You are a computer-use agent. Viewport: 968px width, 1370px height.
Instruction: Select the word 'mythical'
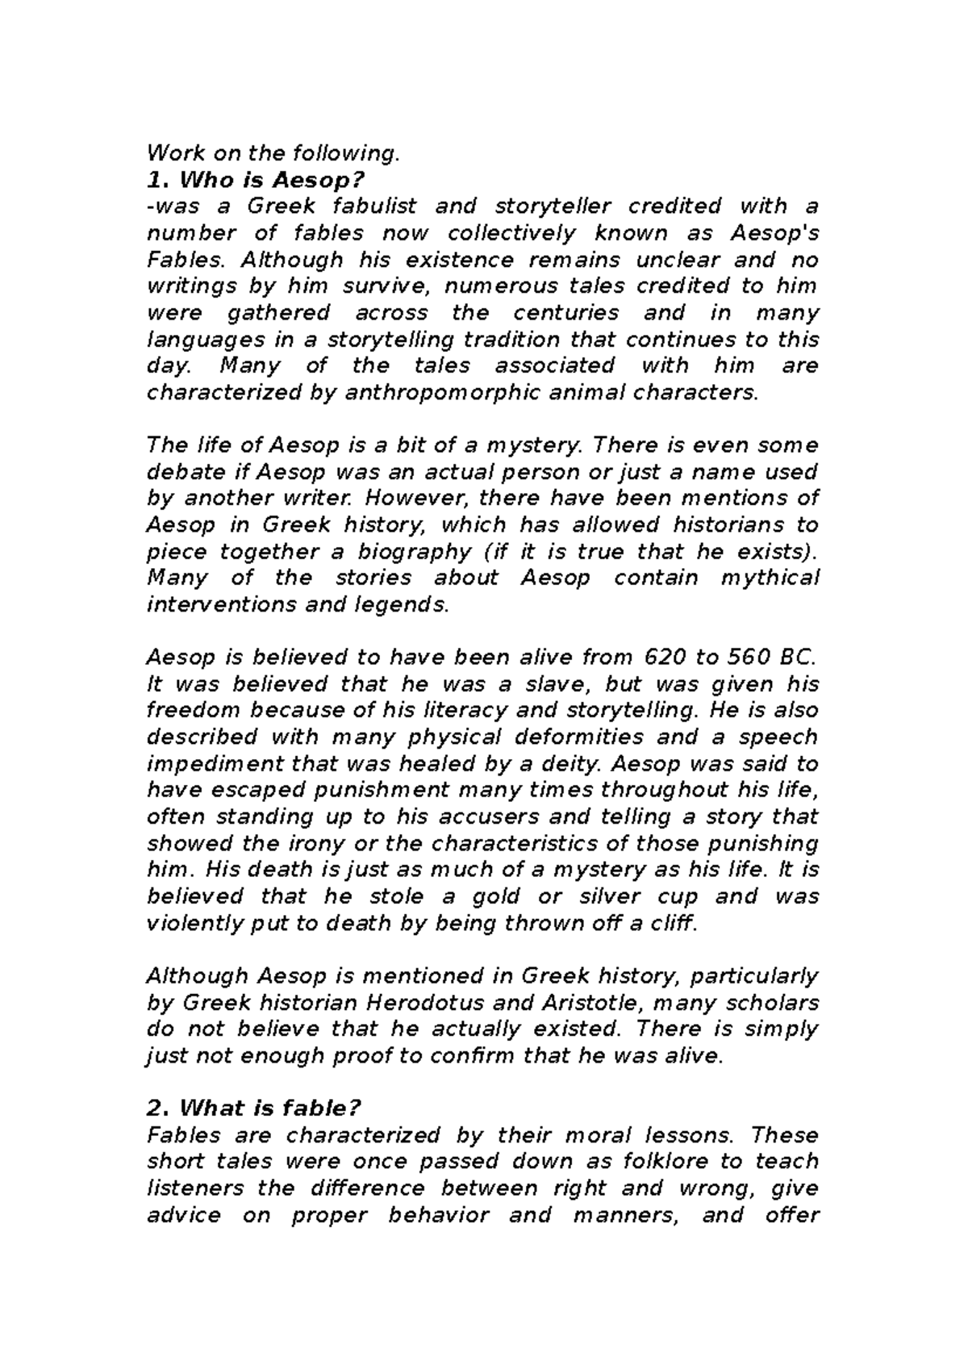770,578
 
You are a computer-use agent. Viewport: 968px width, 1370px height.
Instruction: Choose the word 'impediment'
215,764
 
